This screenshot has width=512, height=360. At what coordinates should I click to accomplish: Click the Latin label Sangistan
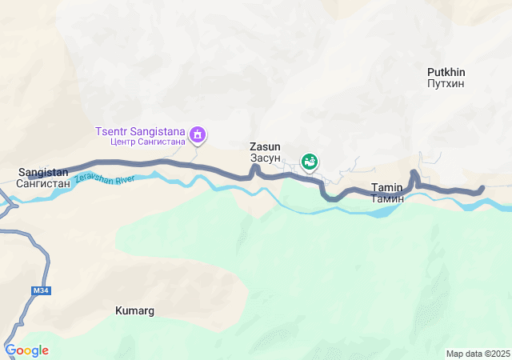43,172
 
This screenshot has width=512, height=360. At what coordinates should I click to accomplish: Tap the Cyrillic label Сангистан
43,183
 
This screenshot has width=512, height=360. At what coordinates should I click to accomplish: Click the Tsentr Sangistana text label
140,131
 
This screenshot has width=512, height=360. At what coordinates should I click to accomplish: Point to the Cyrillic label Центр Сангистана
148,142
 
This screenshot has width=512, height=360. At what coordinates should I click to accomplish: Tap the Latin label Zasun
265,147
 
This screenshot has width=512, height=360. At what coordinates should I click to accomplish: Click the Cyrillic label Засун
265,158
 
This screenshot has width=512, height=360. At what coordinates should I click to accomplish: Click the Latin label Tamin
387,187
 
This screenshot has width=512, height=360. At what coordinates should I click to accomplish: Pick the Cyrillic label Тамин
387,198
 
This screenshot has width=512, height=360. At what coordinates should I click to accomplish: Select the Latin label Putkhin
446,72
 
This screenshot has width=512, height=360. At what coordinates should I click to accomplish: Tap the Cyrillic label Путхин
446,83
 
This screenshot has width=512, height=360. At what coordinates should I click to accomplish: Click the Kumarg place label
134,310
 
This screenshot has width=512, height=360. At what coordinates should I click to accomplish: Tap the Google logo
26,350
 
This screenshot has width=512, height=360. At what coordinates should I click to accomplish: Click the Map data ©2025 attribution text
478,354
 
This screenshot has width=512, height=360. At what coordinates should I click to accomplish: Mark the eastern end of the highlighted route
482,190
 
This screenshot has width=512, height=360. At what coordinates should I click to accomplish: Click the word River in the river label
124,178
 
